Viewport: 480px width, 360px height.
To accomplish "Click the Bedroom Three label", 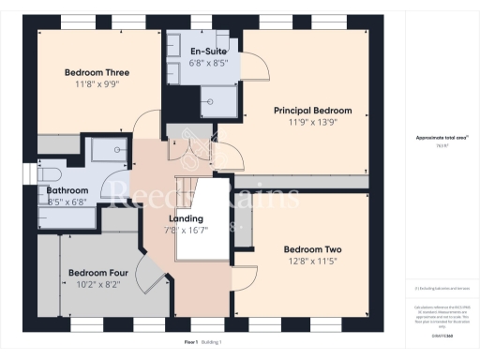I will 97,72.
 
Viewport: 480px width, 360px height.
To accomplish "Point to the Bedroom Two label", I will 312,249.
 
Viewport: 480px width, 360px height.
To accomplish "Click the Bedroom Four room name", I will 97,274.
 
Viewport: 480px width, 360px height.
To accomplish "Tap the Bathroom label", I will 67,189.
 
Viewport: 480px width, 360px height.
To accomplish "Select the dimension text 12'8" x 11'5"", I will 312,262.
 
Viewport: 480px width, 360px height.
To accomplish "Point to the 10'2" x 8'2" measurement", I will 97,286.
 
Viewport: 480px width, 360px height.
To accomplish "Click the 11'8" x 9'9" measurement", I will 97,84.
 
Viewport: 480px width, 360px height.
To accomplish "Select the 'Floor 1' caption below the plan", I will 190,343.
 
